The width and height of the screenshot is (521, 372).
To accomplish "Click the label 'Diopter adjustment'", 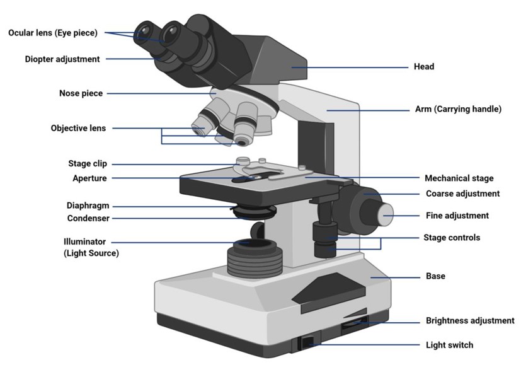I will click(x=62, y=59).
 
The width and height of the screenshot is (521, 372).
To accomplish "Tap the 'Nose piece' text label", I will click(x=81, y=93).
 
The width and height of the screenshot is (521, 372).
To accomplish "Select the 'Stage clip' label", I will click(x=87, y=164).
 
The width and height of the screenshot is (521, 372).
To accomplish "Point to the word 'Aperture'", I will click(x=89, y=178).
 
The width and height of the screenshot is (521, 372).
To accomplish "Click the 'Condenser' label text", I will click(x=88, y=219).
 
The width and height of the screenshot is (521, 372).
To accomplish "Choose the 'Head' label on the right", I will click(x=423, y=67).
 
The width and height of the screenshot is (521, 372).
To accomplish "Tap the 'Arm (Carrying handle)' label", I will click(x=458, y=109).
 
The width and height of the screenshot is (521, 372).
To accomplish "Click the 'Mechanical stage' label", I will click(x=459, y=178).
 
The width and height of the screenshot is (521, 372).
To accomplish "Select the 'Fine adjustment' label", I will click(x=457, y=216).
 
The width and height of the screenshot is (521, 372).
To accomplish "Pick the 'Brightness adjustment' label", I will click(x=470, y=321).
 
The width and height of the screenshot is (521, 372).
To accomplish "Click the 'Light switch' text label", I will click(x=449, y=345).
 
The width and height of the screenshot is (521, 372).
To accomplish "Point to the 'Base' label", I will click(x=435, y=276).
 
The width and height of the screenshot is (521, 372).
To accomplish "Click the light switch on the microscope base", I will click(x=307, y=342).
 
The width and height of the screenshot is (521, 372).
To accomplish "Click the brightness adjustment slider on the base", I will click(x=355, y=325).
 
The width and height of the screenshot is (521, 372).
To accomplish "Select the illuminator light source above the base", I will click(x=251, y=243).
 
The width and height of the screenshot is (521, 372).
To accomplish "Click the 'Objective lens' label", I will click(x=78, y=129).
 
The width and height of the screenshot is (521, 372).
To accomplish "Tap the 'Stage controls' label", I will click(x=452, y=238).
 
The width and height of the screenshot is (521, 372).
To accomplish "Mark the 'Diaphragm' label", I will click(x=88, y=206).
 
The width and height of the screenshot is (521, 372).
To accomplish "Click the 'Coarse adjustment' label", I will click(x=462, y=194).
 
